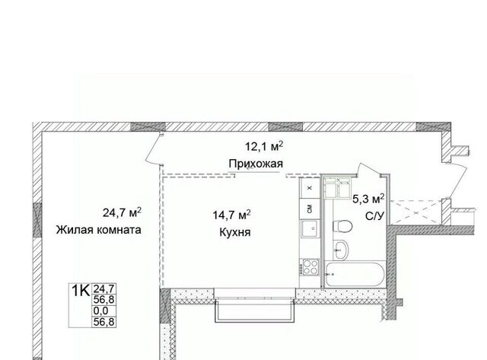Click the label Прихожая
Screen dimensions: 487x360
point(256,164)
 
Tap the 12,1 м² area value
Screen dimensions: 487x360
point(264,146)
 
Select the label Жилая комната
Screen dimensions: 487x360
point(99,230)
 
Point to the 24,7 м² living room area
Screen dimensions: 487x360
point(122,213)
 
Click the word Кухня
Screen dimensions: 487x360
point(235,232)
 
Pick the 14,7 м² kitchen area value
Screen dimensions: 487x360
point(231,215)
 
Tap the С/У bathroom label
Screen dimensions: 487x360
point(375,216)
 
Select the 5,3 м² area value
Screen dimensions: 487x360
point(368,199)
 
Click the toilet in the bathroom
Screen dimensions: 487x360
point(342,226)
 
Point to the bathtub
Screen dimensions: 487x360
point(355,276)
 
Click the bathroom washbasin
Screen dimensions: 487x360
point(341,250)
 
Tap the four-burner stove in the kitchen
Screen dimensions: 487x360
point(310,267)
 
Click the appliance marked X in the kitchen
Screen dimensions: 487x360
point(310,188)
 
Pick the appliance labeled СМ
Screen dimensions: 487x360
point(310,209)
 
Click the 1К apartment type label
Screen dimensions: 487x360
point(81,291)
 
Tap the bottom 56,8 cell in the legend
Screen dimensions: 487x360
point(104,322)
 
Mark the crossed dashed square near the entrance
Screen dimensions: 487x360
point(415,212)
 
